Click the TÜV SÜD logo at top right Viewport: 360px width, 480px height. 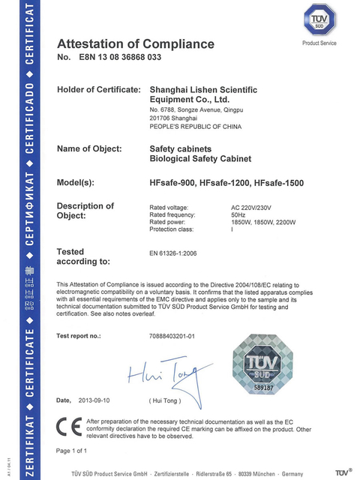[x=319, y=21]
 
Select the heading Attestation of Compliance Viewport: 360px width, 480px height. [x=136, y=43]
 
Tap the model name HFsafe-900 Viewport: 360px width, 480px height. [x=172, y=183]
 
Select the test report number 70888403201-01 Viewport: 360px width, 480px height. [x=172, y=335]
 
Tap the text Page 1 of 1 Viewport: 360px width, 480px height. [x=72, y=451]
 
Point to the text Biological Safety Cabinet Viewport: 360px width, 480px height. [x=196, y=159]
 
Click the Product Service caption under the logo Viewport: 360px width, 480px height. [x=319, y=43]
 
